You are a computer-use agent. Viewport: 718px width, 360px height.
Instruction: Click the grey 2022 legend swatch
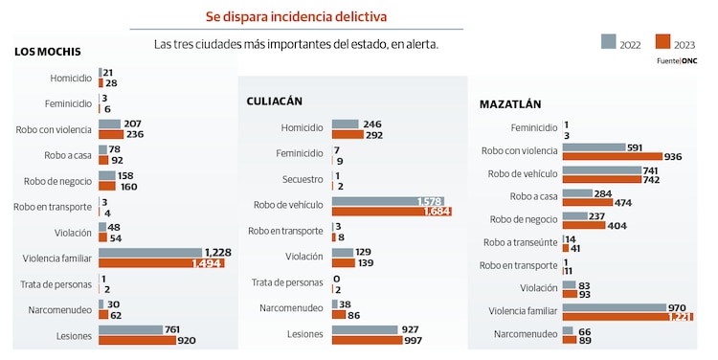pyautogui.click(x=607, y=41)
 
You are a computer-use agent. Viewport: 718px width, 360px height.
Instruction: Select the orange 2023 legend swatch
pyautogui.click(x=662, y=41)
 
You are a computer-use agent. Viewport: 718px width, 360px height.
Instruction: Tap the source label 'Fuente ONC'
pyautogui.click(x=676, y=60)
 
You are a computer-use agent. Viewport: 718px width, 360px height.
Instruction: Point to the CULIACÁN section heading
pyautogui.click(x=280, y=101)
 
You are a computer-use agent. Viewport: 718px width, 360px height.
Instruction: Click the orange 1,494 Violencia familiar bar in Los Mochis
pyautogui.click(x=161, y=263)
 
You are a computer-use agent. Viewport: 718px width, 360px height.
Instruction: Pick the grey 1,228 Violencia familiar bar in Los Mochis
pyautogui.click(x=150, y=253)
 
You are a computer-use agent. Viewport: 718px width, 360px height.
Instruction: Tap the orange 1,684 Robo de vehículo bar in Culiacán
pyautogui.click(x=391, y=212)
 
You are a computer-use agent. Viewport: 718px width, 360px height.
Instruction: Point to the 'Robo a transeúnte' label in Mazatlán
pyautogui.click(x=521, y=243)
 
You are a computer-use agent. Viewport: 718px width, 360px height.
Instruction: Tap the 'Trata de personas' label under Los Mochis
pyautogui.click(x=56, y=284)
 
